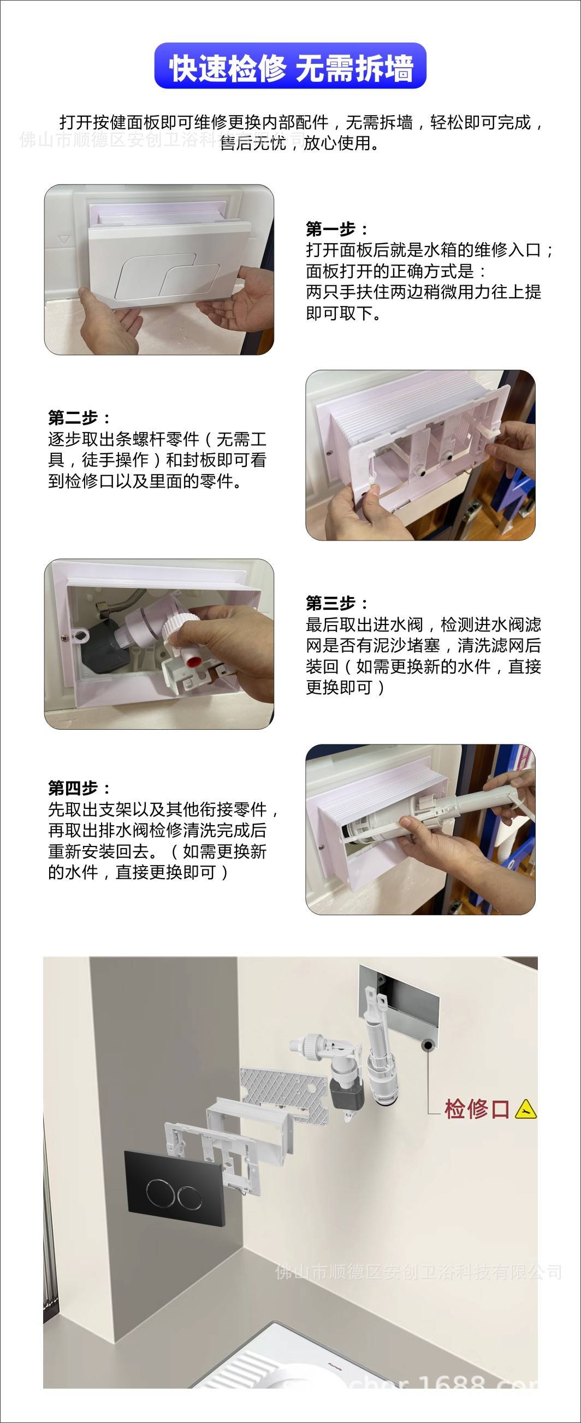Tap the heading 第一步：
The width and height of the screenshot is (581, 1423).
(x=338, y=229)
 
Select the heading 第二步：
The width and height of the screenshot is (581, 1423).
(x=80, y=417)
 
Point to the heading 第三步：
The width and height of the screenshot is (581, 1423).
(x=338, y=603)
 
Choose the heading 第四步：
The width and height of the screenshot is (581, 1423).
(x=80, y=787)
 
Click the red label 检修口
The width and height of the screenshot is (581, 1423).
(x=477, y=1108)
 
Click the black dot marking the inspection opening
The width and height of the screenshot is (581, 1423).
(x=428, y=1044)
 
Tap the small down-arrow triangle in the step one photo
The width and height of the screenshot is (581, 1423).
(x=64, y=240)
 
